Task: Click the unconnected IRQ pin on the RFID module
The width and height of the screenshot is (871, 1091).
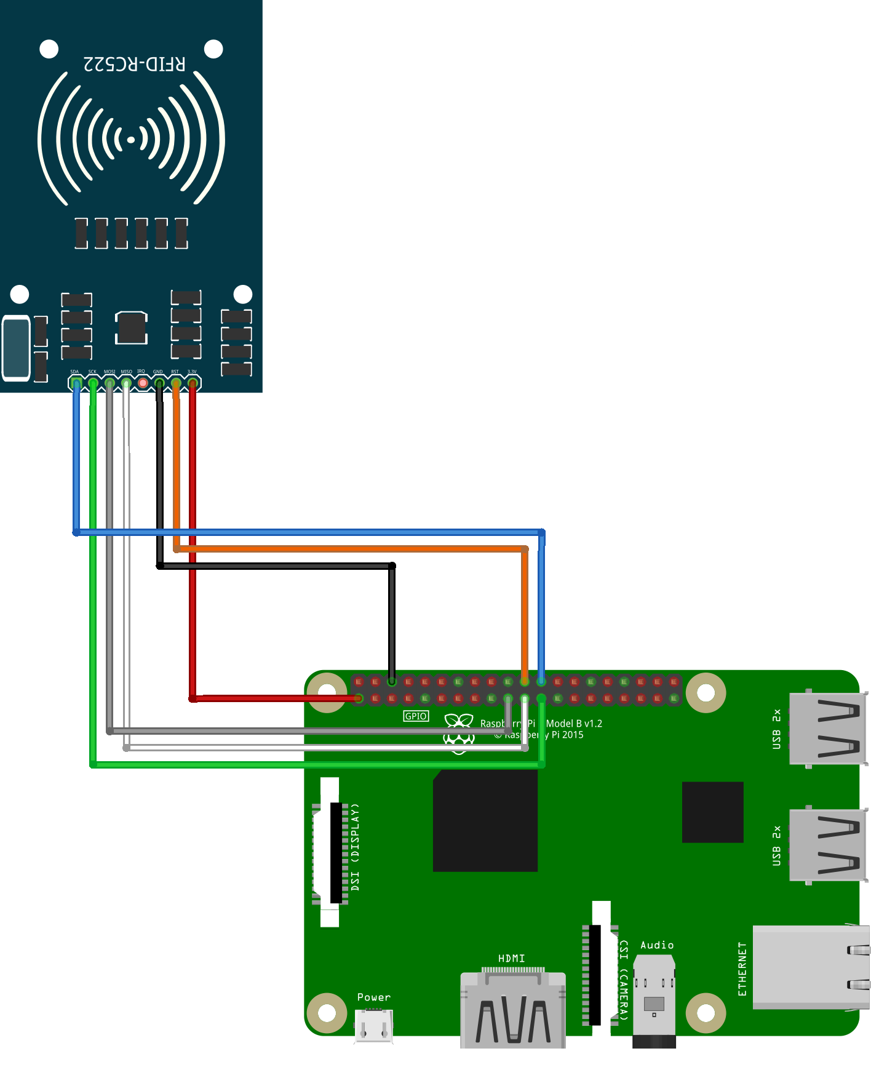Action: (143, 383)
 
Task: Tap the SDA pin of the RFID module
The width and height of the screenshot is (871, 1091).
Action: (76, 383)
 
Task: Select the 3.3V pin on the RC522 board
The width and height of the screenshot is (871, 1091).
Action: (193, 383)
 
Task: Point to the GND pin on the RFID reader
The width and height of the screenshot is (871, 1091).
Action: (159, 383)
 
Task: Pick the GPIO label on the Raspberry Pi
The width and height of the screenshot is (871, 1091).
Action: (416, 716)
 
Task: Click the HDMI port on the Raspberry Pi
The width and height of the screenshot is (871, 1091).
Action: (512, 1009)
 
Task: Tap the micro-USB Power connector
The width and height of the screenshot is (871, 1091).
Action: (374, 1026)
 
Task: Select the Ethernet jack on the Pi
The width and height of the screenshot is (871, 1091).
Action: (809, 967)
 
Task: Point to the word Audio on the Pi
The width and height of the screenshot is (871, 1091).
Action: (657, 945)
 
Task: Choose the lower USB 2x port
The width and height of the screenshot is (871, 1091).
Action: (827, 845)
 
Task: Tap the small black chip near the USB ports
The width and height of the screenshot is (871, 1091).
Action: (712, 812)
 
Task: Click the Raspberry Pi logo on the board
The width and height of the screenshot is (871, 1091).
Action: (459, 732)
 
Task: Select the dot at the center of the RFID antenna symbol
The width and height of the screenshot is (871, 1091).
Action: (131, 140)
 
